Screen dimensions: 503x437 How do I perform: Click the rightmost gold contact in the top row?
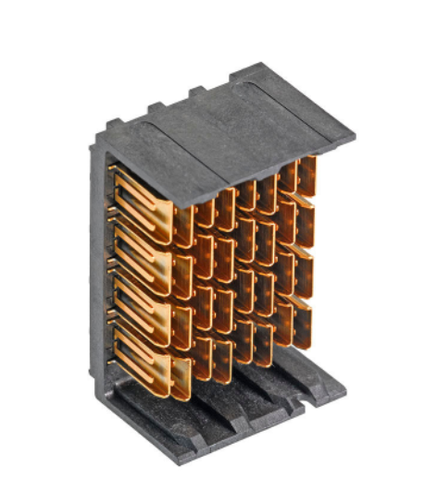[x=306, y=176]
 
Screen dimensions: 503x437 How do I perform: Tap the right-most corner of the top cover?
[x=353, y=138]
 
